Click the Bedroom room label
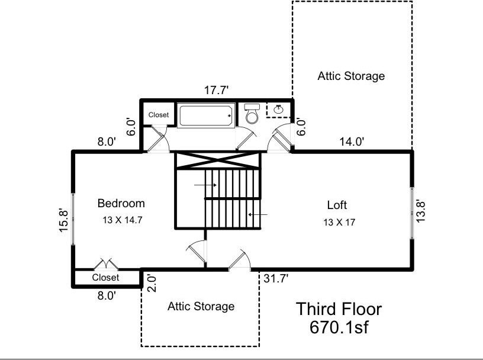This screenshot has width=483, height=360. click(x=121, y=204)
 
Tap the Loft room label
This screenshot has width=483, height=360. click(x=337, y=205)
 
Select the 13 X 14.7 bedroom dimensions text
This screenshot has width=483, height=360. click(x=123, y=220)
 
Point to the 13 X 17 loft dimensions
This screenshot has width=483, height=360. click(x=339, y=222)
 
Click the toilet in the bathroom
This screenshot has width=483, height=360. click(x=252, y=114)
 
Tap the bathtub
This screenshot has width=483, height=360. click(x=205, y=115)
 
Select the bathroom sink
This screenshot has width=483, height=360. click(x=278, y=109)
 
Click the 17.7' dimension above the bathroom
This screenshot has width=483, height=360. click(x=216, y=91)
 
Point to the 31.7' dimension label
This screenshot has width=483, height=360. click(x=276, y=279)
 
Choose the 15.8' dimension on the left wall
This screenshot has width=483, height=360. click(x=63, y=220)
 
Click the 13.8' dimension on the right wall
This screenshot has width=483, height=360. click(x=420, y=211)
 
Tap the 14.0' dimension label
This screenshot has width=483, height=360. click(x=352, y=142)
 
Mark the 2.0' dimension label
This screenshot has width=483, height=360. click(x=153, y=284)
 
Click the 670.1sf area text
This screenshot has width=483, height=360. click(x=339, y=327)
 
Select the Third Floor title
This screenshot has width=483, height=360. click(x=339, y=309)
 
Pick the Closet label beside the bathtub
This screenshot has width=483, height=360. click(x=159, y=115)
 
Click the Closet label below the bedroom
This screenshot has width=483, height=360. click(x=105, y=277)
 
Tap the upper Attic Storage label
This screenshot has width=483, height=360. click(x=351, y=76)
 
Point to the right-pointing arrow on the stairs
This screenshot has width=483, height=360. click(x=205, y=185)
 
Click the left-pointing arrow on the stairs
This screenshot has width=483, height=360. click(x=258, y=214)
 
